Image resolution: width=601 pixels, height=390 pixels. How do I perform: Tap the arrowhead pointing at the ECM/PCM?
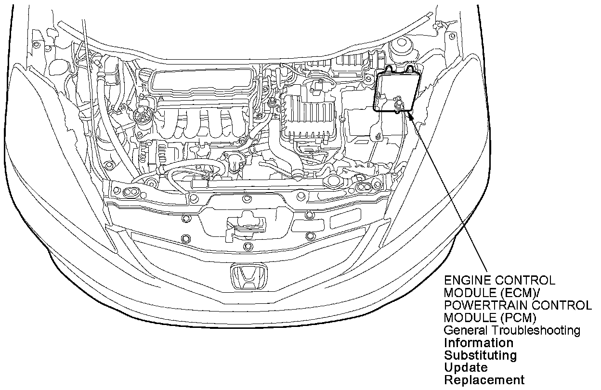pos(411,116)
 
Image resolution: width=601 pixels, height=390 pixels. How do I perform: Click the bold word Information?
pos(478,343)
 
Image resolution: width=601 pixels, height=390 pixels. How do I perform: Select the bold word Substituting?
pos(480,355)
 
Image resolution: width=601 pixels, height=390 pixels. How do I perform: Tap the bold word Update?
pos(459,368)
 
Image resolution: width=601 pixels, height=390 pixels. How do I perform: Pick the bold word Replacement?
pos(484,380)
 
